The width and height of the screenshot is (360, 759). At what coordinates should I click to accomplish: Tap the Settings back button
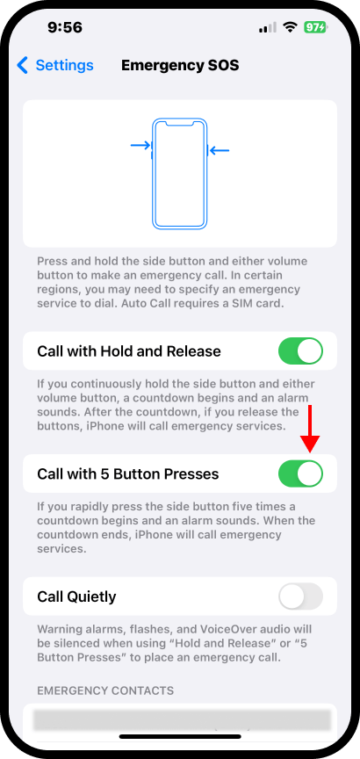[x=54, y=65]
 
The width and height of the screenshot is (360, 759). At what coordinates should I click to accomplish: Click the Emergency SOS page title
[x=180, y=65]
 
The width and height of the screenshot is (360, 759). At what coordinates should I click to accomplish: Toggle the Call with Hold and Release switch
[x=300, y=351]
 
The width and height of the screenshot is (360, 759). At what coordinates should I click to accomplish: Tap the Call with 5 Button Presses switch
[x=300, y=473]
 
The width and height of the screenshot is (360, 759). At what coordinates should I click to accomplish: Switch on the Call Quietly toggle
[x=300, y=596]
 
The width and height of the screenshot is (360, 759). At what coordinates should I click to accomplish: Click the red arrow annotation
[x=310, y=430]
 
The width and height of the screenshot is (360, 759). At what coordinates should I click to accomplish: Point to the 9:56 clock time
[x=65, y=27]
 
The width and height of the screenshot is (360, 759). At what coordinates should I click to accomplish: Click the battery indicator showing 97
[x=315, y=27]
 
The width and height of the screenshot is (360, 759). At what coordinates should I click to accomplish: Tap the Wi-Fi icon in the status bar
[x=290, y=27]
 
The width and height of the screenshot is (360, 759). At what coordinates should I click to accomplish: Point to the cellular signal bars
[x=268, y=27]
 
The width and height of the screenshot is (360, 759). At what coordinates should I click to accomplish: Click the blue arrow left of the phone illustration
[x=140, y=145]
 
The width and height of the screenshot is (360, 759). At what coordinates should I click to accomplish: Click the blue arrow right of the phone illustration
[x=219, y=150]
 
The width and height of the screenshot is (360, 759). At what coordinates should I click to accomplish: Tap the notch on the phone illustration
[x=179, y=124]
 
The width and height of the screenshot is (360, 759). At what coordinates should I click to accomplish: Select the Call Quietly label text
[x=76, y=596]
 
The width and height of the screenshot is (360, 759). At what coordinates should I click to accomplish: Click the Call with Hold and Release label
[x=129, y=351]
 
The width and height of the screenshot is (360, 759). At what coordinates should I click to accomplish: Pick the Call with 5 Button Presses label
[x=127, y=473]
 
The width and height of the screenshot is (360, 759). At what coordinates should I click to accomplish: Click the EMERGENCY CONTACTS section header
[x=105, y=690]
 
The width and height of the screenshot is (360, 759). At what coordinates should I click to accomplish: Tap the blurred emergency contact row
[x=180, y=720]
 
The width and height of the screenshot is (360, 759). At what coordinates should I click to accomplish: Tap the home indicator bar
[x=180, y=737]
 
